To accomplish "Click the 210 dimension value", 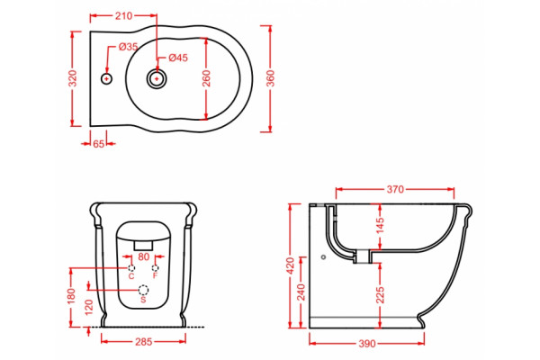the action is click(x=123, y=16).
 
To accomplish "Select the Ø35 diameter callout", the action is click(x=128, y=47).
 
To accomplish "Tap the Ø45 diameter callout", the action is click(x=178, y=58).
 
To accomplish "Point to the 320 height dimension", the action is click(x=73, y=78).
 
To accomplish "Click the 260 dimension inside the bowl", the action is click(x=206, y=78).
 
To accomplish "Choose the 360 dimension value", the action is click(x=270, y=78).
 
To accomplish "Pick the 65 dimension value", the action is click(x=98, y=144).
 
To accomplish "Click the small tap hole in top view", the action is click(x=107, y=79).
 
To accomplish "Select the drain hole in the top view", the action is click(x=157, y=79).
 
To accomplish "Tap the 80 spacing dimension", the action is click(x=144, y=256).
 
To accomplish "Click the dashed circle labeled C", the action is click(x=131, y=268).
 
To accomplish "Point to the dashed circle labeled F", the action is click(x=156, y=268).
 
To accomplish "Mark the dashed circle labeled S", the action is click(x=144, y=290).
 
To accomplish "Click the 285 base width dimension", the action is click(x=144, y=342).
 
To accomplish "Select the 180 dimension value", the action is click(x=71, y=296).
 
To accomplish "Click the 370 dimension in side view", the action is click(x=395, y=189).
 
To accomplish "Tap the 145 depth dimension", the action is click(x=380, y=225).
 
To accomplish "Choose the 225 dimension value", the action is click(x=380, y=295).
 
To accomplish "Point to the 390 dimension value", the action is click(x=367, y=344).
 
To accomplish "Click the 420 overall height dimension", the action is click(x=290, y=265).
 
